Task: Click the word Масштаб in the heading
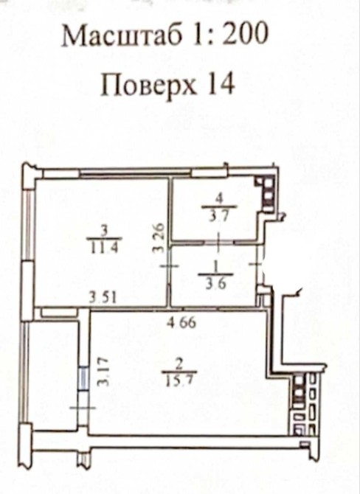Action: click(x=122, y=35)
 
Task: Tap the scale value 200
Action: click(x=245, y=34)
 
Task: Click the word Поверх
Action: click(x=148, y=85)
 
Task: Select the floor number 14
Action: click(x=221, y=84)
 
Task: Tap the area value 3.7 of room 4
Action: click(x=220, y=217)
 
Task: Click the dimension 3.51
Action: click(x=102, y=297)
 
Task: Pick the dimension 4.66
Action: click(x=181, y=323)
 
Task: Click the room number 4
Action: click(x=220, y=199)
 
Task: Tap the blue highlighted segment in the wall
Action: click(x=83, y=379)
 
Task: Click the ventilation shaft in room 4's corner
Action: click(x=266, y=194)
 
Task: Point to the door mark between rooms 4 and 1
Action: click(x=219, y=242)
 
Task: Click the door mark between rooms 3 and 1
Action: click(x=169, y=266)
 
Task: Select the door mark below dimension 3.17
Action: click(x=83, y=408)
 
